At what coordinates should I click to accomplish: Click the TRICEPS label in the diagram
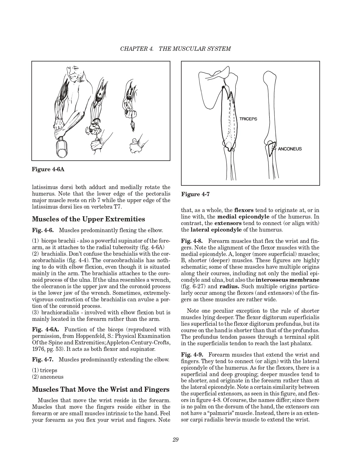[x=248, y=119]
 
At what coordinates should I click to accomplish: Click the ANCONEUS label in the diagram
[x=290, y=149]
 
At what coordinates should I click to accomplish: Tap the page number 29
[x=175, y=440]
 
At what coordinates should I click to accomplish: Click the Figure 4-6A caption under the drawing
[x=48, y=169]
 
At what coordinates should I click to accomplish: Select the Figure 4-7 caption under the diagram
[x=195, y=194]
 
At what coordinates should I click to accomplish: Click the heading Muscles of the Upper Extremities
[x=89, y=219]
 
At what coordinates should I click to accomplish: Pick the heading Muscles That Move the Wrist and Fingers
[x=101, y=389]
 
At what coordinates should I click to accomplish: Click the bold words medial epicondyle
[x=243, y=217]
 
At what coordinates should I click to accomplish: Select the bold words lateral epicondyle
[x=216, y=230]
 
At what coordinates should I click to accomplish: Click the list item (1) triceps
[x=45, y=370]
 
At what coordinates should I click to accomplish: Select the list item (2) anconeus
[x=48, y=377]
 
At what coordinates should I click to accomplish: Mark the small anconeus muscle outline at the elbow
[x=271, y=150]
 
